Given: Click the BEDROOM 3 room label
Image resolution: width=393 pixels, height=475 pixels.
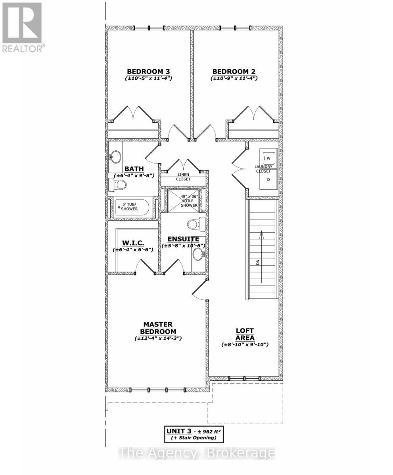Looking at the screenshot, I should pos(148,72).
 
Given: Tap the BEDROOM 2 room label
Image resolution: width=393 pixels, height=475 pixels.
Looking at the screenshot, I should pos(234,72).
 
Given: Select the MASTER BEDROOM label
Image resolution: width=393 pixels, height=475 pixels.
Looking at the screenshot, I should pos(158,328).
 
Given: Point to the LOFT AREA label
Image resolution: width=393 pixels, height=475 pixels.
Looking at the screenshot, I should pos(245,334).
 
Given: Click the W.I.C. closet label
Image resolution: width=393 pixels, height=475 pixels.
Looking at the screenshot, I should pos(133,243).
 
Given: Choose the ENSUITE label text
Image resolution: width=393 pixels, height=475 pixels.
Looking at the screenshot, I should pos(183,239).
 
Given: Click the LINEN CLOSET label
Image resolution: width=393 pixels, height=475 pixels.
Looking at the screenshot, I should pos(183,177).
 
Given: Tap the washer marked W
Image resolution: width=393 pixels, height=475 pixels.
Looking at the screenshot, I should pos(267,158).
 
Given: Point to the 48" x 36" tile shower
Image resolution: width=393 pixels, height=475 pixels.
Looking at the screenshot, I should pos(183,201).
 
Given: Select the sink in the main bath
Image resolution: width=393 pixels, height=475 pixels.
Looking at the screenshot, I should pos(115,157).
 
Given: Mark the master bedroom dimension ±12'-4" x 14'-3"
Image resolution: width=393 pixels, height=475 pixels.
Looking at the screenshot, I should pos(158,338).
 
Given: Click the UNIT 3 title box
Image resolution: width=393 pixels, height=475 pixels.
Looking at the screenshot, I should pos(194,434).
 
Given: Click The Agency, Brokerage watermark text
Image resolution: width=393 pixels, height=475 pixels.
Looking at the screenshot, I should pos(197,453).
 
